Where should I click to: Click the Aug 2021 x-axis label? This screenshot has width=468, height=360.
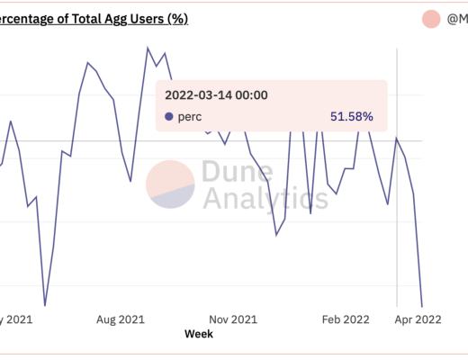(x=120, y=319)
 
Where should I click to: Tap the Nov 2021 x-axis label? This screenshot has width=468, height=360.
(x=233, y=319)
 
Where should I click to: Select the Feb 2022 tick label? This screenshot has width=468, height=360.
(x=346, y=319)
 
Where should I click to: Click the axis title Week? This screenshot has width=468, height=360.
(x=198, y=334)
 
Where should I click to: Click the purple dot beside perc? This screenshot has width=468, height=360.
(x=169, y=116)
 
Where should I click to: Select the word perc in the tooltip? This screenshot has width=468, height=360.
(x=190, y=116)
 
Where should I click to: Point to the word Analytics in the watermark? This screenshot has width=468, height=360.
(x=265, y=198)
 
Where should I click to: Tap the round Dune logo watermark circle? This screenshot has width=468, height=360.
(x=170, y=184)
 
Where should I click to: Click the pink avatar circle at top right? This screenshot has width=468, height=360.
(x=431, y=19)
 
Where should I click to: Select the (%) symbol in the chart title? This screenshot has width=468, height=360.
(x=176, y=19)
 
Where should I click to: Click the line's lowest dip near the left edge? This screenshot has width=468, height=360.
(x=44, y=305)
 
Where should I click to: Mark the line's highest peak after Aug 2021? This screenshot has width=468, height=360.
(x=148, y=48)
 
